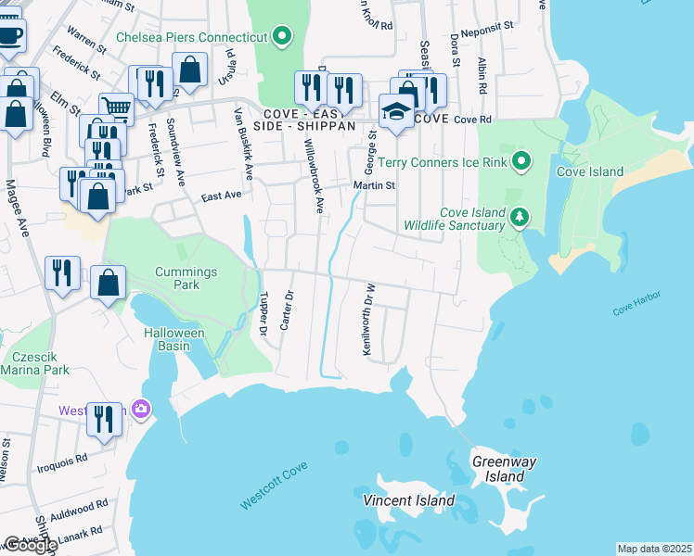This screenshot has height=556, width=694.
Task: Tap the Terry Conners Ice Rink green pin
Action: (520, 162)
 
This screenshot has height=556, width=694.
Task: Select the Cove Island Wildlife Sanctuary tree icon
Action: (520, 218)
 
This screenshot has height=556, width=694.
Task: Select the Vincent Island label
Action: (409, 500)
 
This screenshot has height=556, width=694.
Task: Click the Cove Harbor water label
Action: (636, 311)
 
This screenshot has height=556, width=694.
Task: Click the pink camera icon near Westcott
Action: (140, 409)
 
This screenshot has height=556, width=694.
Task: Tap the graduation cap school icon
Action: (396, 112)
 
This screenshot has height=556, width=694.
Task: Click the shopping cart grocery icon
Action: (116, 109)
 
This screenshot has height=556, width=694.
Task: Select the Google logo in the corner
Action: (30, 545)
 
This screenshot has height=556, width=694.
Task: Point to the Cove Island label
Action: (589, 171)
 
